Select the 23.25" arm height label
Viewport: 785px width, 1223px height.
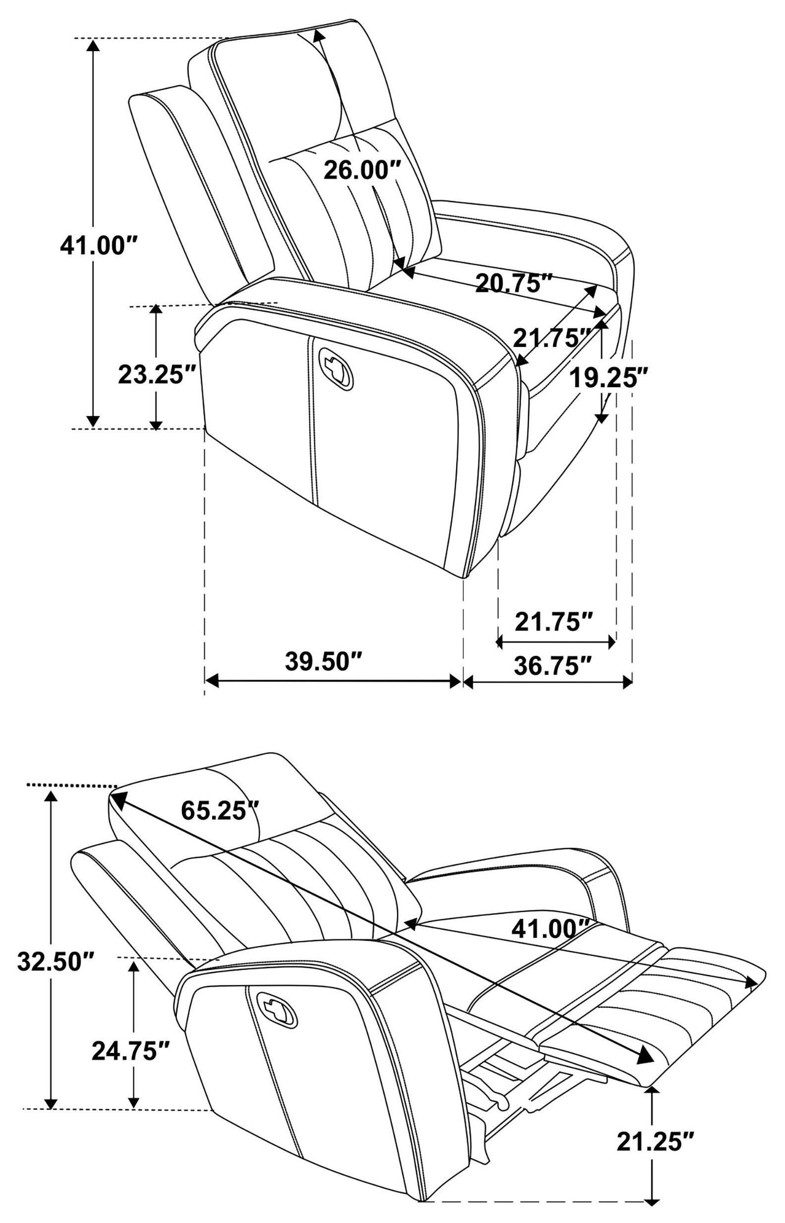pos(157,375)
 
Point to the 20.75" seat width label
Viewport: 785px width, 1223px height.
pos(514,282)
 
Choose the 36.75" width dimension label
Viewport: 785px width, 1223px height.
pos(553,666)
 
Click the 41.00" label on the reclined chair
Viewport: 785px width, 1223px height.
pos(551,929)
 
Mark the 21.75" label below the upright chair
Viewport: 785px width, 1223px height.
pos(554,622)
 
